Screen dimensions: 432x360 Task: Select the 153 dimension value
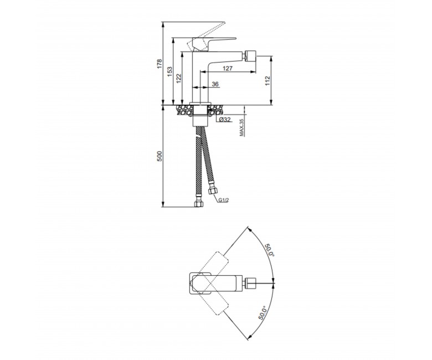(169, 71)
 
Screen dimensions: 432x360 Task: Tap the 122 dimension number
(179, 79)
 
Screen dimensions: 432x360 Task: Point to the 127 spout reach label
(227, 68)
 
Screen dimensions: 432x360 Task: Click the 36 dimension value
(215, 84)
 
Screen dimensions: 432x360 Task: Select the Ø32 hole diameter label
(225, 119)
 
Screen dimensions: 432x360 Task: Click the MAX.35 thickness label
(241, 127)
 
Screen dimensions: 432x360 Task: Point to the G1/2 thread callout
(224, 200)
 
